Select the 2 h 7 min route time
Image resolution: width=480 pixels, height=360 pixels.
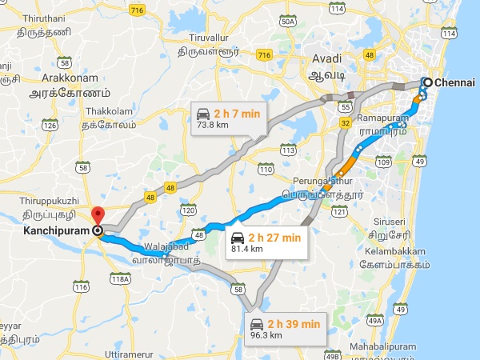238,114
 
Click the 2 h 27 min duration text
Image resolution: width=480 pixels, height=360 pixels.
274,237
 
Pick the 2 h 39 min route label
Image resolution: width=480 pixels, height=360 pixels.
294,323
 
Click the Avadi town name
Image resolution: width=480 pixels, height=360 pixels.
326,58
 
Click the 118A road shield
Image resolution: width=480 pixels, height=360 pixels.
121,279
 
